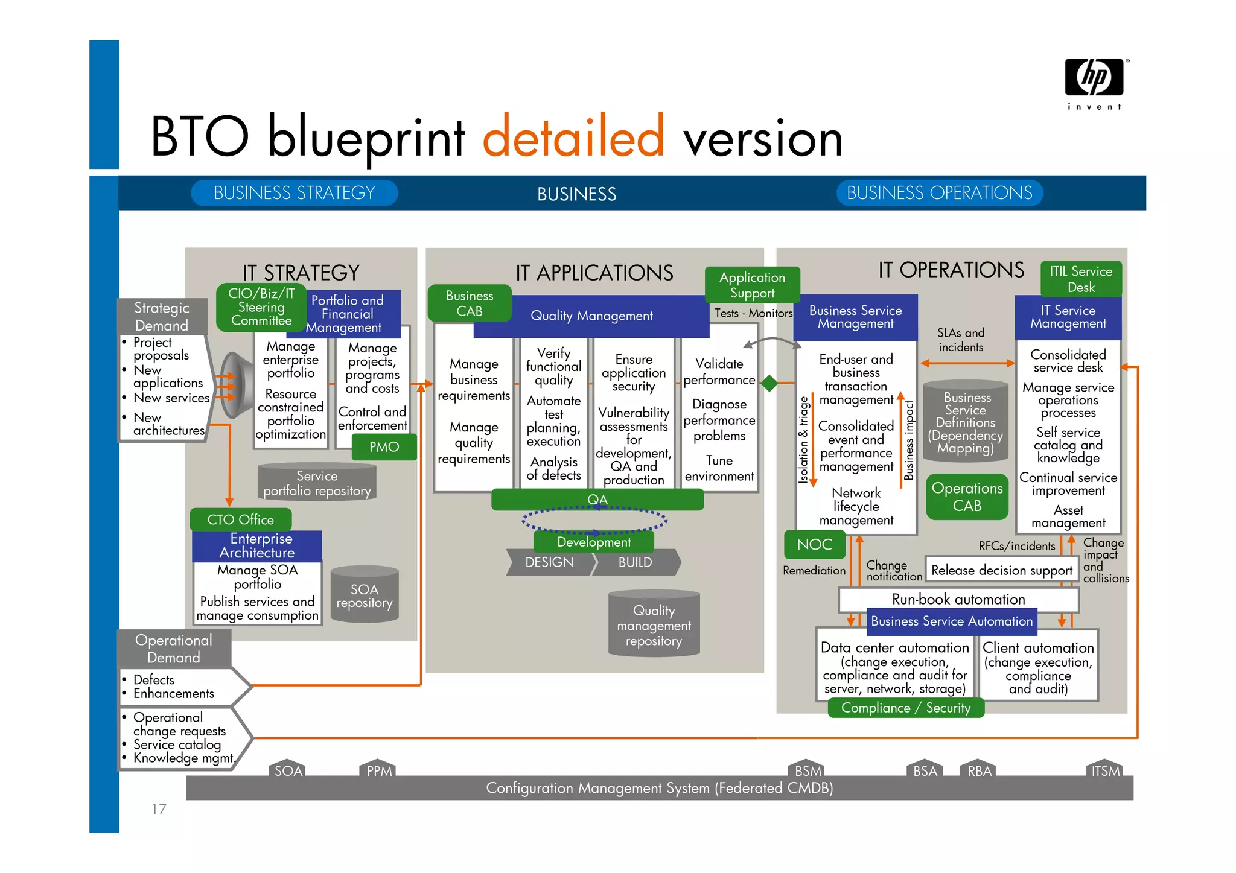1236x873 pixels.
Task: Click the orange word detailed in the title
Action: [x=573, y=138]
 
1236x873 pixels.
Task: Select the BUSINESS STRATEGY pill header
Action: [x=295, y=193]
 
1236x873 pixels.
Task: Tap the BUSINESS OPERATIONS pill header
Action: [x=939, y=193]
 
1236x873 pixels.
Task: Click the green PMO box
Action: [x=384, y=448]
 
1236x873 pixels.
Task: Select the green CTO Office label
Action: [x=240, y=519]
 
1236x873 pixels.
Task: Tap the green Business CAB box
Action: [x=470, y=303]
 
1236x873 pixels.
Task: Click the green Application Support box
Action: [x=752, y=285]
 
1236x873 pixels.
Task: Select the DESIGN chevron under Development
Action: [x=549, y=562]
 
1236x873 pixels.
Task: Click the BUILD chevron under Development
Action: [x=636, y=562]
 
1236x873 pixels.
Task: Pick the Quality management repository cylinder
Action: [x=654, y=624]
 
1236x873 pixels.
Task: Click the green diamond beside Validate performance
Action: [x=769, y=383]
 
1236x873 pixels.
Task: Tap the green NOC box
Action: [x=814, y=544]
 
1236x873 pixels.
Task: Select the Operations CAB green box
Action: [x=967, y=497]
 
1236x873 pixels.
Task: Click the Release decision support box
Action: [x=1001, y=570]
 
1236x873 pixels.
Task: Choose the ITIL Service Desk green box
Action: [x=1080, y=279]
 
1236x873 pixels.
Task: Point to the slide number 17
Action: [x=159, y=809]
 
